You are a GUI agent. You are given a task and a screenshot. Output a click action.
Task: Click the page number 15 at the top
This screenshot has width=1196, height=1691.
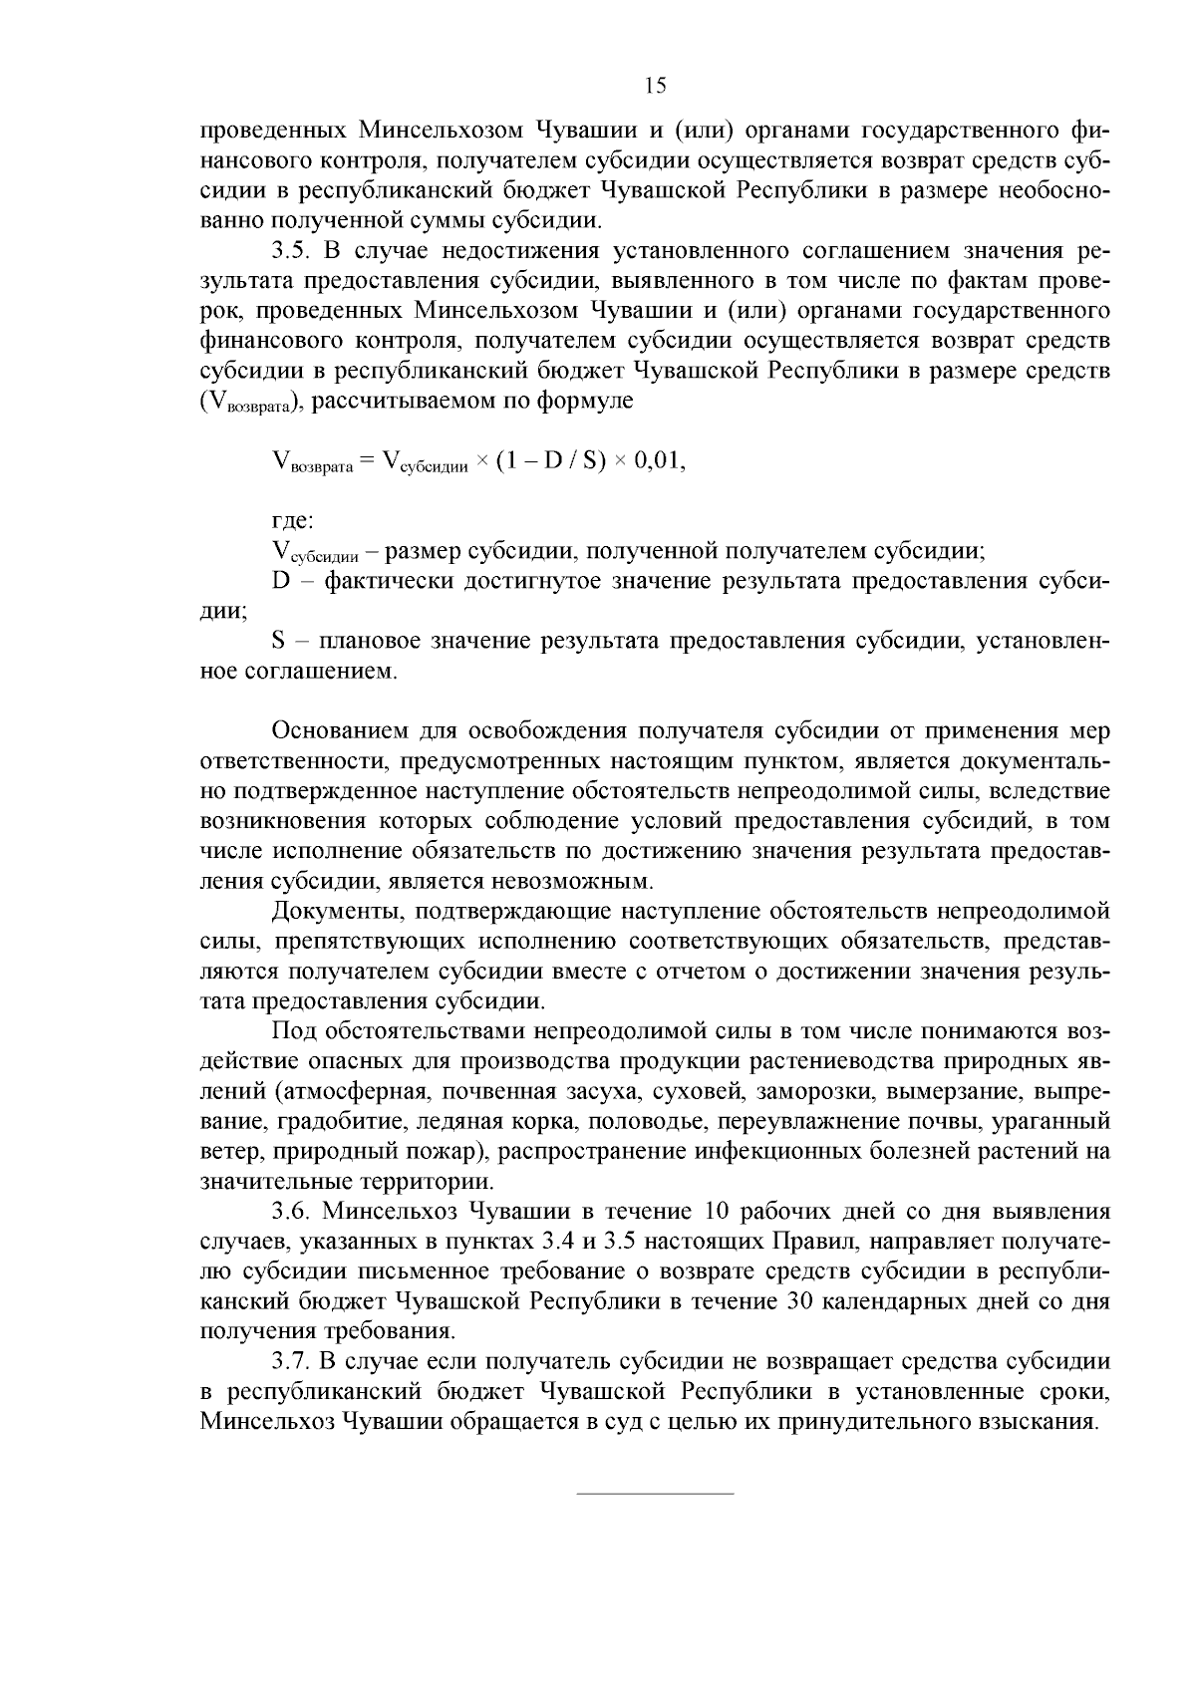[656, 86]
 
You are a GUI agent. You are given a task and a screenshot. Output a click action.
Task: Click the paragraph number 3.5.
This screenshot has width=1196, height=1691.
[290, 250]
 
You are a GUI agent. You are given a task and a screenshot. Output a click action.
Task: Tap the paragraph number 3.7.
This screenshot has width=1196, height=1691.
[290, 1361]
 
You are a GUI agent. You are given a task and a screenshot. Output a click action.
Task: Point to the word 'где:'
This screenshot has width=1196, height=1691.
[294, 520]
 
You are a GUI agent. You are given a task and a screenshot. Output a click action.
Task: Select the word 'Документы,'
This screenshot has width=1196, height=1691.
[330, 911]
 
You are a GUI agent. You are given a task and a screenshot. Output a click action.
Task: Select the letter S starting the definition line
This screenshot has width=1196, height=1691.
[279, 641]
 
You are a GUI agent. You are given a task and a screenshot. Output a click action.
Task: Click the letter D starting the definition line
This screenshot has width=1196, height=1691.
[280, 581]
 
